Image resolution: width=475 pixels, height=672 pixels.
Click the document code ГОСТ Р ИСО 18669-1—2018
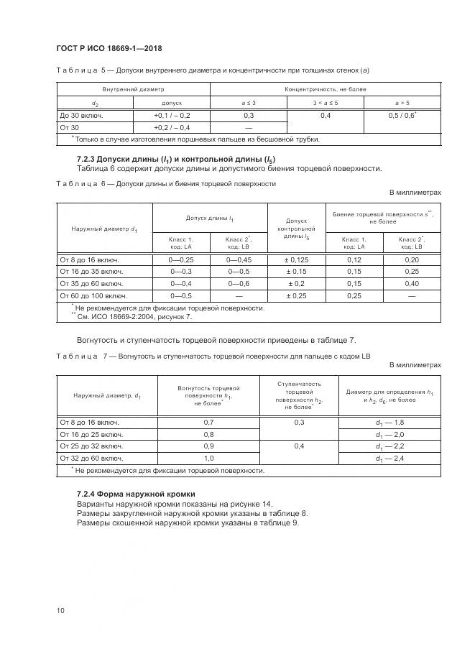(109, 47)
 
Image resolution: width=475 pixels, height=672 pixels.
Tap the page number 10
(60, 610)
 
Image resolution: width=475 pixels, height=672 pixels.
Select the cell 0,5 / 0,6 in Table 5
(402, 115)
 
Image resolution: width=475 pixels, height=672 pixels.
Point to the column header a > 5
(402, 102)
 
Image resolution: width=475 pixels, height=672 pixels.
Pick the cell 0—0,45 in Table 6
(238, 259)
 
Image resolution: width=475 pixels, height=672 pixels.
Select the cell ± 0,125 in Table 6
(297, 259)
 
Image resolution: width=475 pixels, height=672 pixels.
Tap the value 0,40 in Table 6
(412, 283)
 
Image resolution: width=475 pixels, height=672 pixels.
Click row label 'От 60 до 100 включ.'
(93, 295)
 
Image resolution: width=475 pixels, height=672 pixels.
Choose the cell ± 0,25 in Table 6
(297, 295)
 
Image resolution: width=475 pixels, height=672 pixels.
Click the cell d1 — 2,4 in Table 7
(389, 458)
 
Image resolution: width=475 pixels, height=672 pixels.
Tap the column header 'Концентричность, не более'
(325, 89)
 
